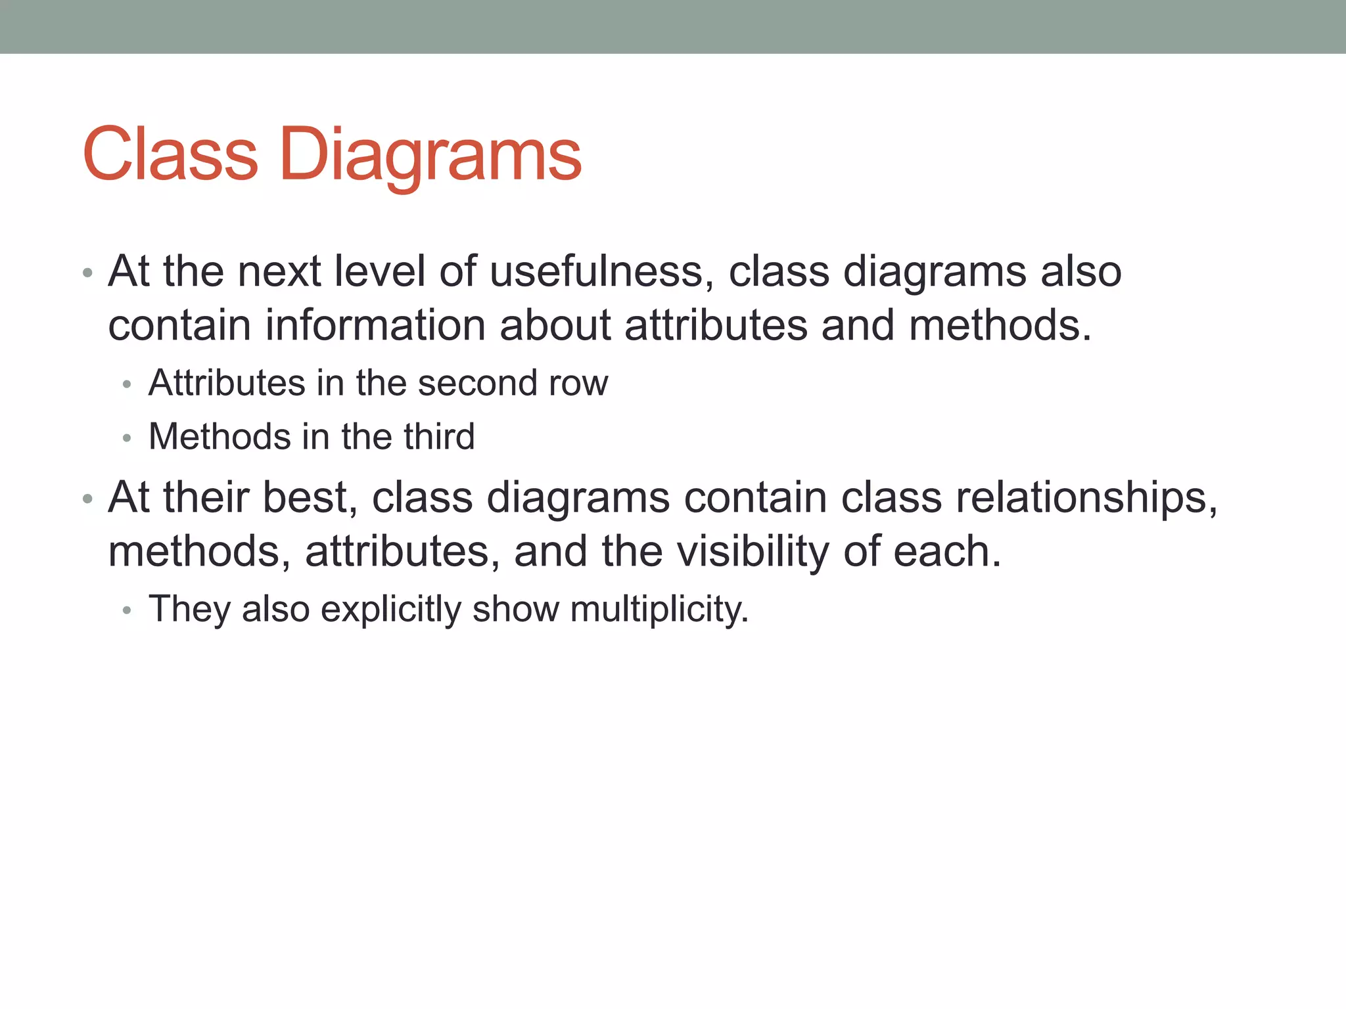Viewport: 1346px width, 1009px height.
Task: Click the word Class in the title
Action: click(x=170, y=154)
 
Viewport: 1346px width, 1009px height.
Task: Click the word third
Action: click(x=439, y=436)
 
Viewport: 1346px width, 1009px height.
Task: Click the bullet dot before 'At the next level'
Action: click(x=87, y=273)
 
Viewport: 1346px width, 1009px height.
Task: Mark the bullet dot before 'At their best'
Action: click(x=87, y=499)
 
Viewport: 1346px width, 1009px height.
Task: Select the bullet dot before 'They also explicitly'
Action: click(x=127, y=611)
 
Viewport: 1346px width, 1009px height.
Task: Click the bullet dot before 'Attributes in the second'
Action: click(x=127, y=385)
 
